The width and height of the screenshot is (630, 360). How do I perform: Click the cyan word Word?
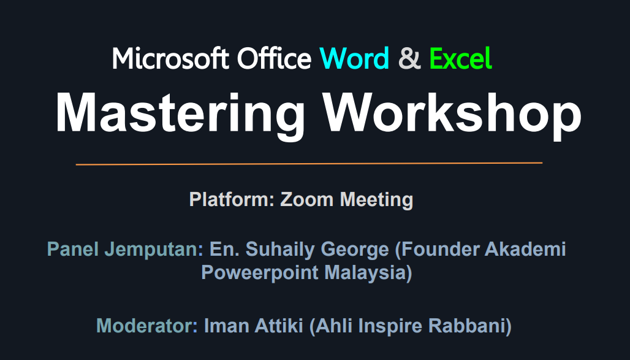point(354,59)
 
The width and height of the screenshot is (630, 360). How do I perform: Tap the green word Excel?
point(460,59)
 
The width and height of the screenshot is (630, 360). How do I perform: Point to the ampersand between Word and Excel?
point(409,59)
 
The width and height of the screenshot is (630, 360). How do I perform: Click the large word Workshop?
point(452,113)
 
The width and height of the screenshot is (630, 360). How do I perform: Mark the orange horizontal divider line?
point(309,164)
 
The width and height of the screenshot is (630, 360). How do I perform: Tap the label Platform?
point(232,200)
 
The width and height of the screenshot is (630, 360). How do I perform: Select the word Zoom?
point(308,200)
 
